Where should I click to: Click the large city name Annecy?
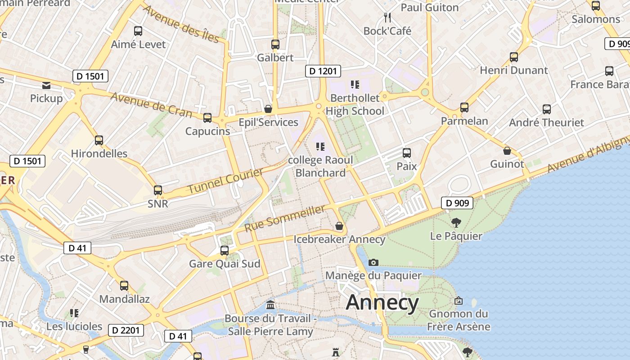pos(382,303)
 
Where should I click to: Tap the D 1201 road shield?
pos(323,71)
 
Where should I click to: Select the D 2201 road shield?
pos(126,330)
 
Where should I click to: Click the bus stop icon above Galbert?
pos(275,45)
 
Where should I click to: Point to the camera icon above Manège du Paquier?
pos(373,262)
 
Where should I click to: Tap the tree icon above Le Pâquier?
pos(456,222)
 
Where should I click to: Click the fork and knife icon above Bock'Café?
pos(387,18)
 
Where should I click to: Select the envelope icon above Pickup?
pos(46,85)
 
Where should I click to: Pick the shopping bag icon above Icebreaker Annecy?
pos(339,226)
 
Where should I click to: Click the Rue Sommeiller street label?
pos(284,218)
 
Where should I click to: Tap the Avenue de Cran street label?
pos(151,104)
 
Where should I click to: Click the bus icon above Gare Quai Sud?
pos(224,251)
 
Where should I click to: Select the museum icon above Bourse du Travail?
pos(270,305)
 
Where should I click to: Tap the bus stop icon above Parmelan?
pos(464,108)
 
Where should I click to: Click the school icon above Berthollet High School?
pos(355,85)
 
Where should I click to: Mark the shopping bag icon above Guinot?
pos(507,151)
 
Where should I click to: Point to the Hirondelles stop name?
pos(99,153)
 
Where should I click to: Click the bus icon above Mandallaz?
pos(124,286)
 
